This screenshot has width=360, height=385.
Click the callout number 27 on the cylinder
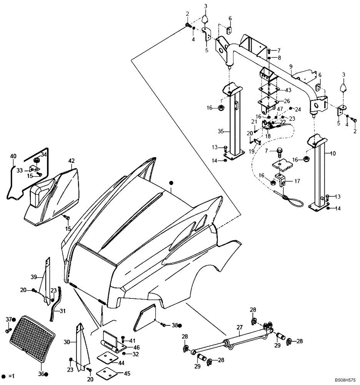point(239,328)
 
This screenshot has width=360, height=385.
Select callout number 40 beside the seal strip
point(13,156)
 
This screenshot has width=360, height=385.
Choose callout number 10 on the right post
point(332,153)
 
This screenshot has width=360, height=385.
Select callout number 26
point(287,101)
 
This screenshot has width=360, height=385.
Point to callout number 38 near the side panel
point(175,325)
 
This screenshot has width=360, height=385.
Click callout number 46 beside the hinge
point(136,347)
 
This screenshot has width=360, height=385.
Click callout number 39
point(34,276)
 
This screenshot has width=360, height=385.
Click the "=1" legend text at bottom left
point(12,376)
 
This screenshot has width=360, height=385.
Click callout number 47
point(280,109)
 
